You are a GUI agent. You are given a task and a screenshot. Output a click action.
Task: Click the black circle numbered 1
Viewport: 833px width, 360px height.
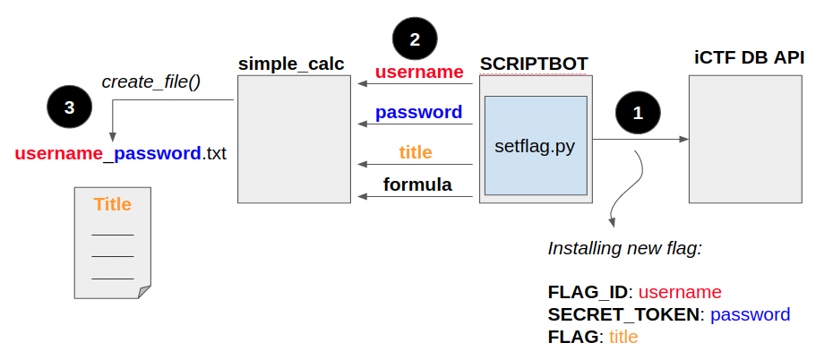638,114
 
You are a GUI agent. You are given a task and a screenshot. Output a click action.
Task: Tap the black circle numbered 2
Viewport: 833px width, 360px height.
414,39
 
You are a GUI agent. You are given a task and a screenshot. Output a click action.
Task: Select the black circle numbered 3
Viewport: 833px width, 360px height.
69,107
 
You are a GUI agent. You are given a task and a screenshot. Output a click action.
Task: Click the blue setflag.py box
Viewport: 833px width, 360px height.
536,145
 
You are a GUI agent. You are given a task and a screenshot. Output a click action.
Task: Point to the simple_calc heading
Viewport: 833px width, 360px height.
291,64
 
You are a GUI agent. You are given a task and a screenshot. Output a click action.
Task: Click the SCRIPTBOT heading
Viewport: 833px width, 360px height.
534,64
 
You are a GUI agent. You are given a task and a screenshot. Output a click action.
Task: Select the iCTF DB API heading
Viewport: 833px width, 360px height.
749,58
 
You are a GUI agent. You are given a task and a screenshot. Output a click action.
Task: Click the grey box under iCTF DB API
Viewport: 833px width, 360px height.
744,139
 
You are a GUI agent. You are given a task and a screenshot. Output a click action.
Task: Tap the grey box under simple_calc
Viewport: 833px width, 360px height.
294,139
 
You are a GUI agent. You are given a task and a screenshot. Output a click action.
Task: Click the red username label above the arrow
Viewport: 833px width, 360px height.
418,72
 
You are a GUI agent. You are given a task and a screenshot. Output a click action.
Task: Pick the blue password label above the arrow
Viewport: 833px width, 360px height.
418,113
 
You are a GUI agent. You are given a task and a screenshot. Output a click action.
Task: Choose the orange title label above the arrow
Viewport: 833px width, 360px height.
416,152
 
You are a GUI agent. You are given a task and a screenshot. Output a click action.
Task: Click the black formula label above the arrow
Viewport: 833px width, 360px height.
416,185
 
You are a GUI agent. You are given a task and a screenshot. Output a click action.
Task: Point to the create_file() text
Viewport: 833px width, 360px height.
150,81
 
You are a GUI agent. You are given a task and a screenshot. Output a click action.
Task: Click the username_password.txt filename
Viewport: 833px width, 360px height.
120,153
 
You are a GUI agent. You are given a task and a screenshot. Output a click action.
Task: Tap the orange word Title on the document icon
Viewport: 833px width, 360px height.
113,204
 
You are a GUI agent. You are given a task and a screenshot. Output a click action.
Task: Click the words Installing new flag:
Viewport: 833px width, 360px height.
624,248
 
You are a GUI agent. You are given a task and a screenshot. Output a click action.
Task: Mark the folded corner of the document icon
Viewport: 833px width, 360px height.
144,291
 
